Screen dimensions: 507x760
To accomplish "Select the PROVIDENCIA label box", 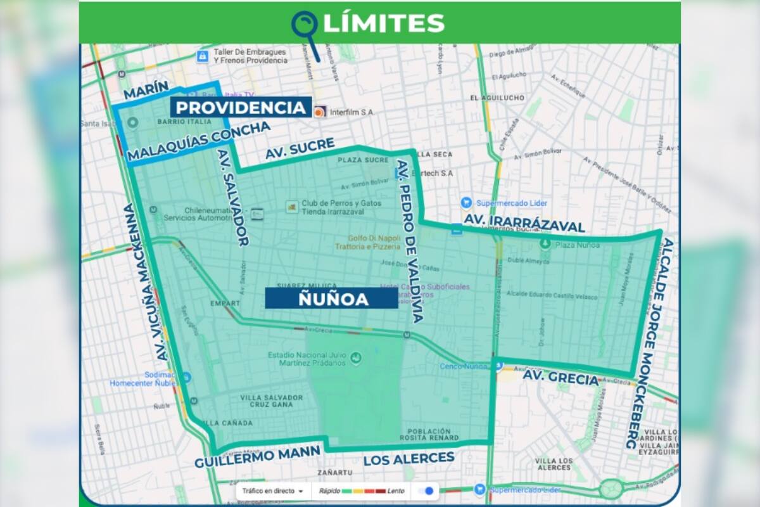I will coord(241,108).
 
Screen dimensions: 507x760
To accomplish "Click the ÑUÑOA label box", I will coord(331,298).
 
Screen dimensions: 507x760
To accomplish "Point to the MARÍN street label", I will coord(146,91).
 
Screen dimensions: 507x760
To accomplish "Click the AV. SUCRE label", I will coord(300,148).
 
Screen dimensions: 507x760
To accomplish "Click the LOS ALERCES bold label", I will coord(408,458).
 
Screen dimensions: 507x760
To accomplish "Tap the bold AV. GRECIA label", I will coord(560,378).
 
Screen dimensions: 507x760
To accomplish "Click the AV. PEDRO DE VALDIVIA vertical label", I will coord(409,241).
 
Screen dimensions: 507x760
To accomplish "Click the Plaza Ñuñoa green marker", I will coord(545,243).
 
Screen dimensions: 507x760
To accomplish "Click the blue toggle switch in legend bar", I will coord(427,491).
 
